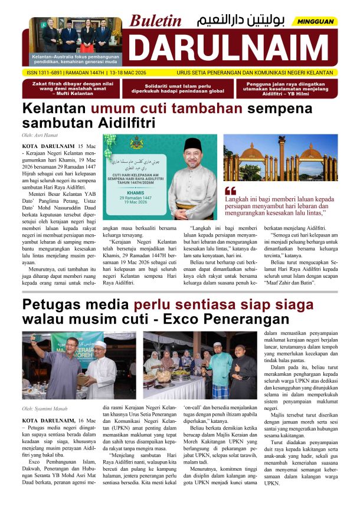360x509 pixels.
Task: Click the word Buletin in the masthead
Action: coord(156,21)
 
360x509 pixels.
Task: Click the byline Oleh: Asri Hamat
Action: coord(41,136)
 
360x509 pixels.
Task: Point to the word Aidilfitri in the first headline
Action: coord(121,123)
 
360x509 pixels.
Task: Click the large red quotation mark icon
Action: coord(231,191)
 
